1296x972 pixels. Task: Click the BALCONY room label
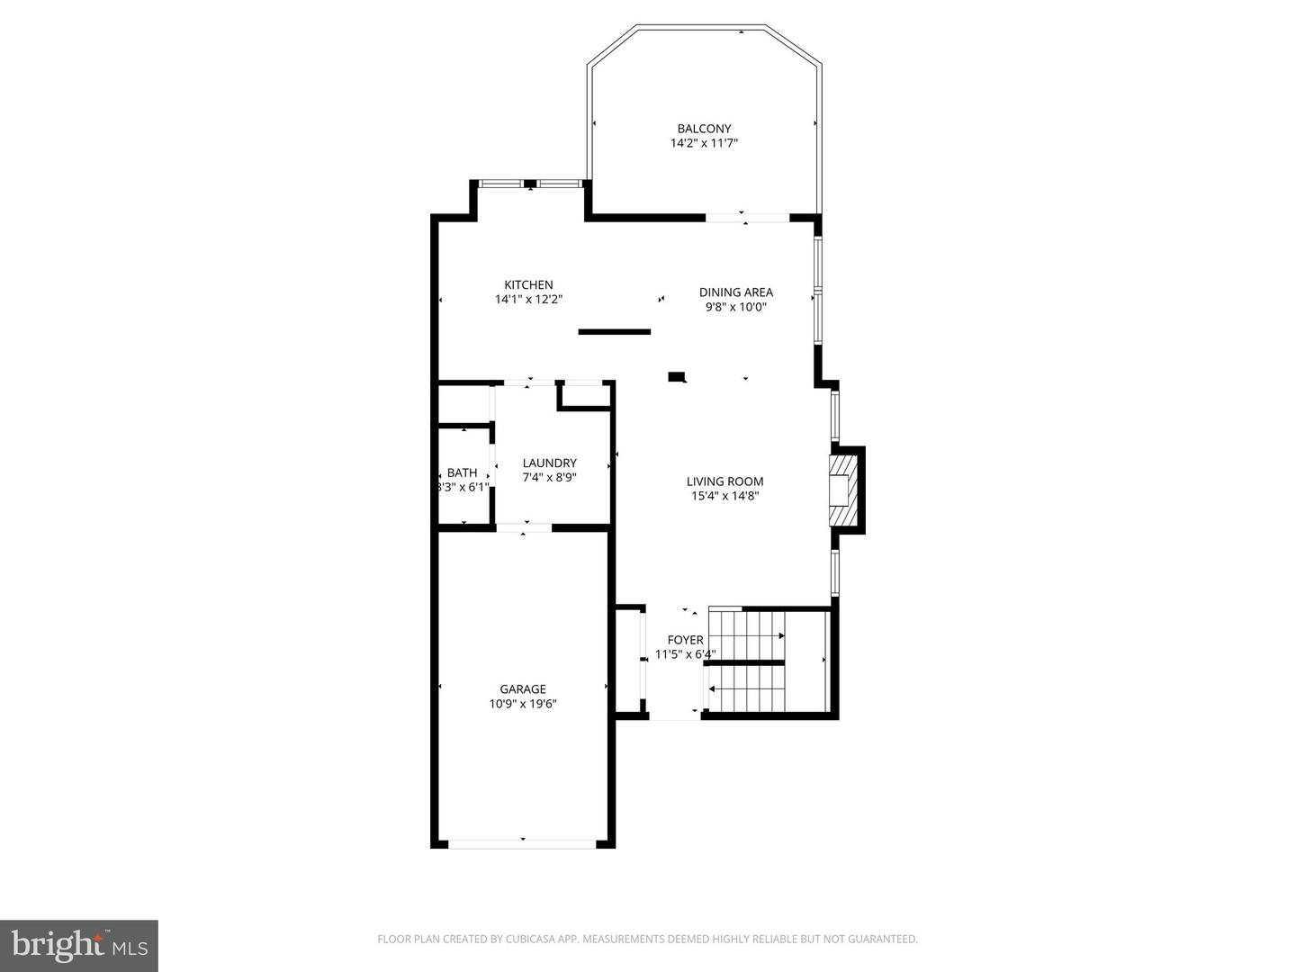tap(704, 129)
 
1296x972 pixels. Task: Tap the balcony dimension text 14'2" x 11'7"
tap(704, 143)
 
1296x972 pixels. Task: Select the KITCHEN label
tap(528, 285)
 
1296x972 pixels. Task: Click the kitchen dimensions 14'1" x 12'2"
tap(528, 300)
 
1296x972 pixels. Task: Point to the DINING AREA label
tap(736, 292)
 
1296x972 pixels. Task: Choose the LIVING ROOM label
tap(724, 481)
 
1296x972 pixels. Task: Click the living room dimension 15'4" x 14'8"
tap(724, 496)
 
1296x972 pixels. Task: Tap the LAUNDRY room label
tap(549, 463)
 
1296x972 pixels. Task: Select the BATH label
tap(462, 472)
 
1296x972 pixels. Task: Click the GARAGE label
tap(523, 689)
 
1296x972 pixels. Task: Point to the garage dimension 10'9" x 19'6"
tap(523, 705)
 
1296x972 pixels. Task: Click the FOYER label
tap(685, 640)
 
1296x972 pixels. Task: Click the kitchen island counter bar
tap(614, 332)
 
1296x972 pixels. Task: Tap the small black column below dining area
tap(677, 377)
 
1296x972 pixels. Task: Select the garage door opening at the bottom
tap(522, 844)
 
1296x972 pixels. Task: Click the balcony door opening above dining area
tap(747, 217)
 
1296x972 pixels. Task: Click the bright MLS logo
tap(78, 945)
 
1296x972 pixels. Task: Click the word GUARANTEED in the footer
tap(884, 940)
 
